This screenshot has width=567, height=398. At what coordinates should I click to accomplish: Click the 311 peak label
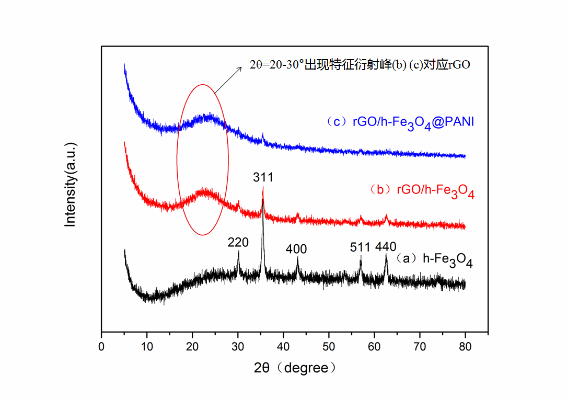(x=263, y=178)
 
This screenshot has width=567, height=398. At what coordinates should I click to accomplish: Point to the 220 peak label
(x=238, y=242)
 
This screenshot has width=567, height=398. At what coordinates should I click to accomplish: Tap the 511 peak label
(x=361, y=247)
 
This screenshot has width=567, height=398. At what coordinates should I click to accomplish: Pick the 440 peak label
(x=386, y=246)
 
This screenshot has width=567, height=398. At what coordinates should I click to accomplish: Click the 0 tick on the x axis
(x=101, y=346)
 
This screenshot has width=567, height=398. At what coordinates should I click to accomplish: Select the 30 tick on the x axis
(x=238, y=346)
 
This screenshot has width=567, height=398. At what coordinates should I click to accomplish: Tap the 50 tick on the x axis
(x=329, y=346)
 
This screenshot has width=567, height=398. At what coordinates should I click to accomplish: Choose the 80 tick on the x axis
(x=465, y=346)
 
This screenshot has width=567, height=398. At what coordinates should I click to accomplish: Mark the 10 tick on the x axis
(x=147, y=346)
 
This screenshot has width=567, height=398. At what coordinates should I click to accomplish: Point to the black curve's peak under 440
(x=386, y=255)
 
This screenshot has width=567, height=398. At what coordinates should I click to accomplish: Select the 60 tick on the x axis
(x=374, y=346)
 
